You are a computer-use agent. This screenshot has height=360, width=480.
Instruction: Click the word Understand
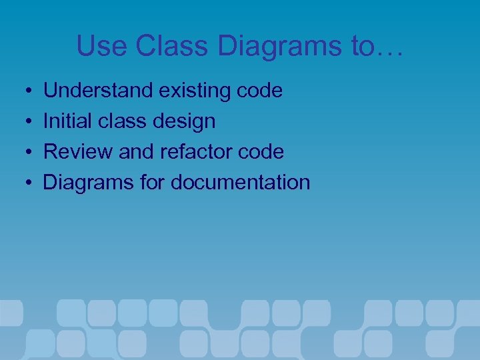(98, 91)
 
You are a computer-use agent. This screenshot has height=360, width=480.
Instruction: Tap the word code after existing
(260, 91)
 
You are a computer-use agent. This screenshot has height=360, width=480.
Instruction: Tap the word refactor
(197, 152)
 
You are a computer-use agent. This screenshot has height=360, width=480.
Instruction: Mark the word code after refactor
(261, 152)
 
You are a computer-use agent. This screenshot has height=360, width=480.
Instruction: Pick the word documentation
(241, 183)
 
